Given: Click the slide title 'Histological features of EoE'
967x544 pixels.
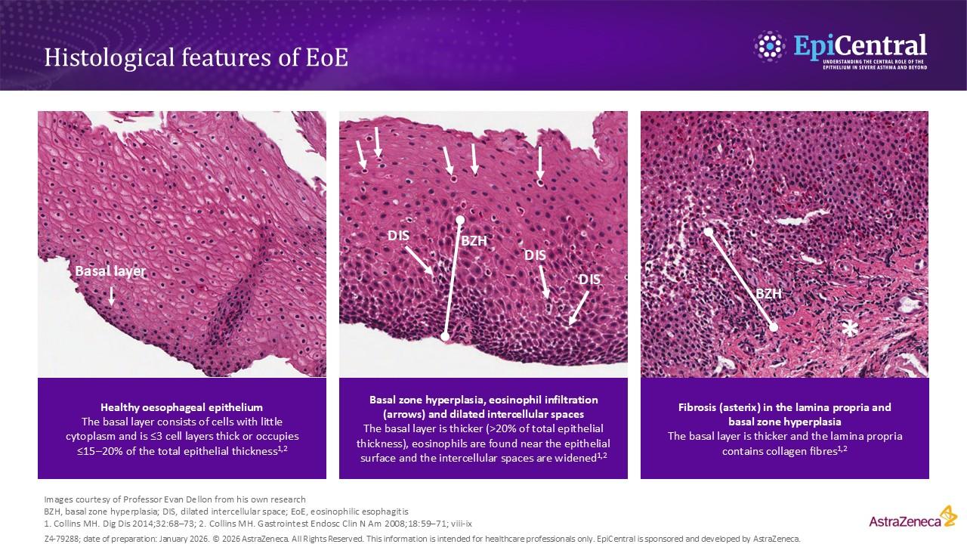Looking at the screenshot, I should click(196, 58).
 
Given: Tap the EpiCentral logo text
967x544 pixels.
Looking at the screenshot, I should click(859, 46).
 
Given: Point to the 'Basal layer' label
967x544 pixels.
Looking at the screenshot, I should click(110, 271).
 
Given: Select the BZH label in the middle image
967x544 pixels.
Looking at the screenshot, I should click(474, 242).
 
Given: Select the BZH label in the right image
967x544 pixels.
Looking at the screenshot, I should click(768, 294).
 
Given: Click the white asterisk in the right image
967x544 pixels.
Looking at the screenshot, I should click(850, 330).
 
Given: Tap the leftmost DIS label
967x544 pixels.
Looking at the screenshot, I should click(398, 236).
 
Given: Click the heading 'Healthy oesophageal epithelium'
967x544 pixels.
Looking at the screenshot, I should click(181, 407).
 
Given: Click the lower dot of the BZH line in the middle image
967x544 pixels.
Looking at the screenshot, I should click(445, 336).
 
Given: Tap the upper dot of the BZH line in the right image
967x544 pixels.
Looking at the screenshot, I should click(708, 231).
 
